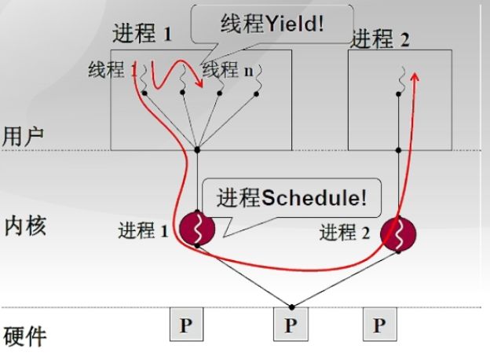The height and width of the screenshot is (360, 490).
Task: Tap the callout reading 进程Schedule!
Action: pos(290,197)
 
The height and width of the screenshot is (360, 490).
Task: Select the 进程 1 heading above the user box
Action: pos(142,34)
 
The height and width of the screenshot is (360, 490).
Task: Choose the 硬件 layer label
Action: pos(24,336)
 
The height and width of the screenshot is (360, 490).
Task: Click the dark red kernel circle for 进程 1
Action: pos(197,229)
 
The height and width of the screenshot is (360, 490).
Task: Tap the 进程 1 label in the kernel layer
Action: pos(143,231)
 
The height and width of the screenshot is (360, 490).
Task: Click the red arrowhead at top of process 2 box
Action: pos(415,73)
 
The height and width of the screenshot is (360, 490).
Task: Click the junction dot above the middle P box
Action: pos(291,307)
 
